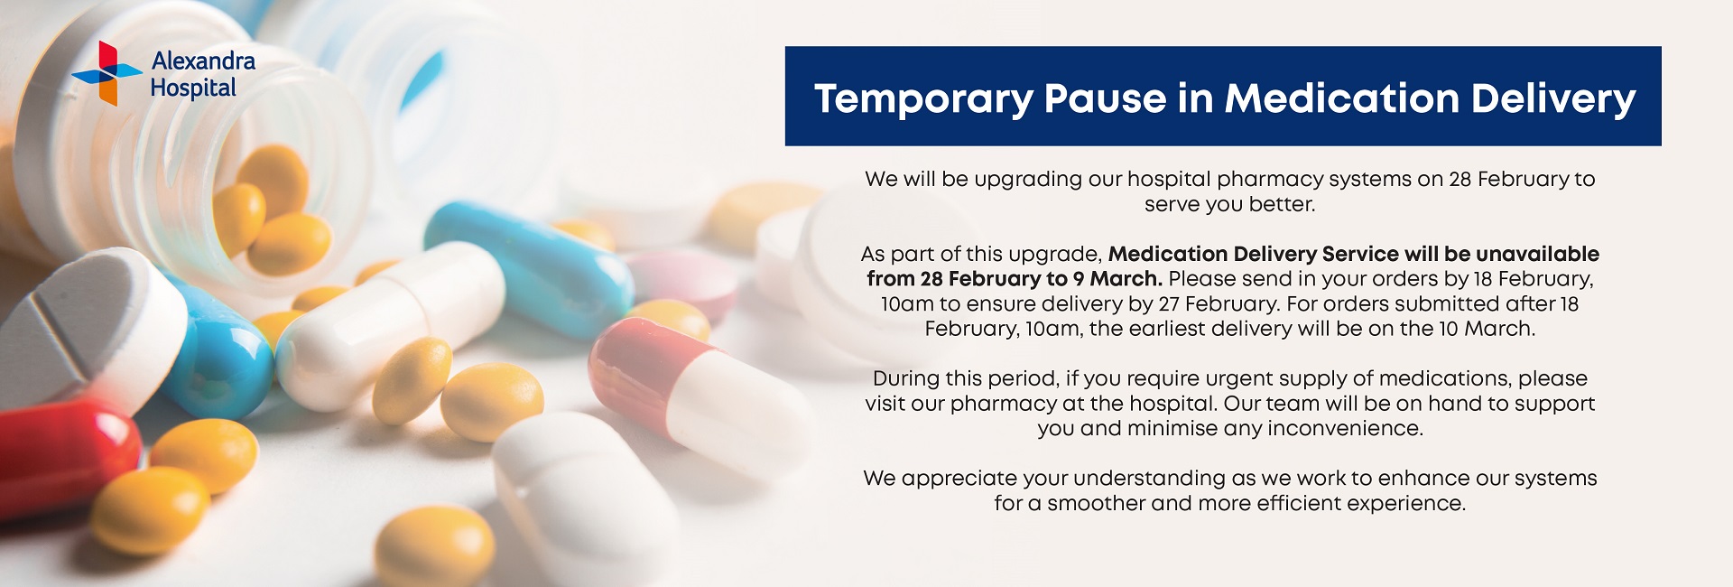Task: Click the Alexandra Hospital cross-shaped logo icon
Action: pyautogui.click(x=107, y=73)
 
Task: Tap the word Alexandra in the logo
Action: pyautogui.click(x=203, y=61)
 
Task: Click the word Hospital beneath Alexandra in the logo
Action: pyautogui.click(x=193, y=89)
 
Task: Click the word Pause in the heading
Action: pyautogui.click(x=1105, y=98)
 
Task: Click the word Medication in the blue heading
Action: pyautogui.click(x=1342, y=98)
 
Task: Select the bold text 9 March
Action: pyautogui.click(x=1117, y=278)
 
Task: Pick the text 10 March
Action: pyautogui.click(x=1487, y=329)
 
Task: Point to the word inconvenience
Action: pyautogui.click(x=1345, y=428)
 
